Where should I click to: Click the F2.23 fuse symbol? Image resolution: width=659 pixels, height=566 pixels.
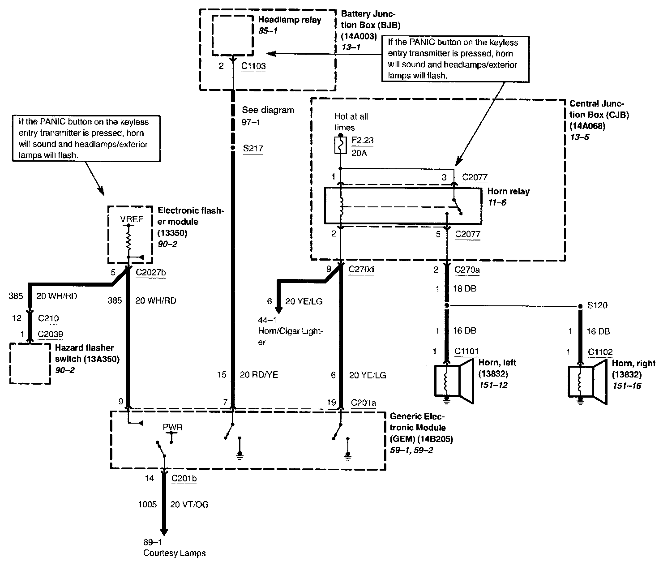click(341, 145)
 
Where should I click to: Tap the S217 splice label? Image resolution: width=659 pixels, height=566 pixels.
click(253, 148)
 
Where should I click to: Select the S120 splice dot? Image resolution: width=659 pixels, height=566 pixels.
click(581, 306)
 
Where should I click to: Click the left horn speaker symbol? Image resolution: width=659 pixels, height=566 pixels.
click(454, 382)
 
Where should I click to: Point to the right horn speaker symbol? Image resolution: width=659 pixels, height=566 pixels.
click(587, 382)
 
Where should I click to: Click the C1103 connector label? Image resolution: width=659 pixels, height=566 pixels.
click(253, 66)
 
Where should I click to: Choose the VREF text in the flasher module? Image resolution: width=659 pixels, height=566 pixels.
click(131, 219)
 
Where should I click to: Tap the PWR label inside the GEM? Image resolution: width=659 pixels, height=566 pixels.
click(172, 427)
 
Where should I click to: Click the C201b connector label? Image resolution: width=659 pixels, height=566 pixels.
click(184, 478)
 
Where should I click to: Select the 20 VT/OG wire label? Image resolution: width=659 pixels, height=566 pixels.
click(189, 505)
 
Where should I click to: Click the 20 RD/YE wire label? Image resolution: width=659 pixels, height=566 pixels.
click(259, 375)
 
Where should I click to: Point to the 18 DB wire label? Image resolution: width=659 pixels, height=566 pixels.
click(465, 288)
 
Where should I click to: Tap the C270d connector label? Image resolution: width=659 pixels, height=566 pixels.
click(361, 270)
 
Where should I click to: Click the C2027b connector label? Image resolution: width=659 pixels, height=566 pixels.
click(151, 272)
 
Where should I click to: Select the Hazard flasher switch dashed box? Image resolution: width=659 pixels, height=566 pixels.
click(30, 364)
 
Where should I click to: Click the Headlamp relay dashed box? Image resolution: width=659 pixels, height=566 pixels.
click(233, 35)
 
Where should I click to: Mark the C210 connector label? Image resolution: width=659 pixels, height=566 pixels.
click(48, 318)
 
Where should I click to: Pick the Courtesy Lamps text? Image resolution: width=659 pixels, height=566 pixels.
click(175, 553)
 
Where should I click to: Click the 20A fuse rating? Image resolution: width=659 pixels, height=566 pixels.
click(359, 153)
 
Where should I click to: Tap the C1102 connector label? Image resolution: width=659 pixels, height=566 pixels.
click(600, 352)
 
